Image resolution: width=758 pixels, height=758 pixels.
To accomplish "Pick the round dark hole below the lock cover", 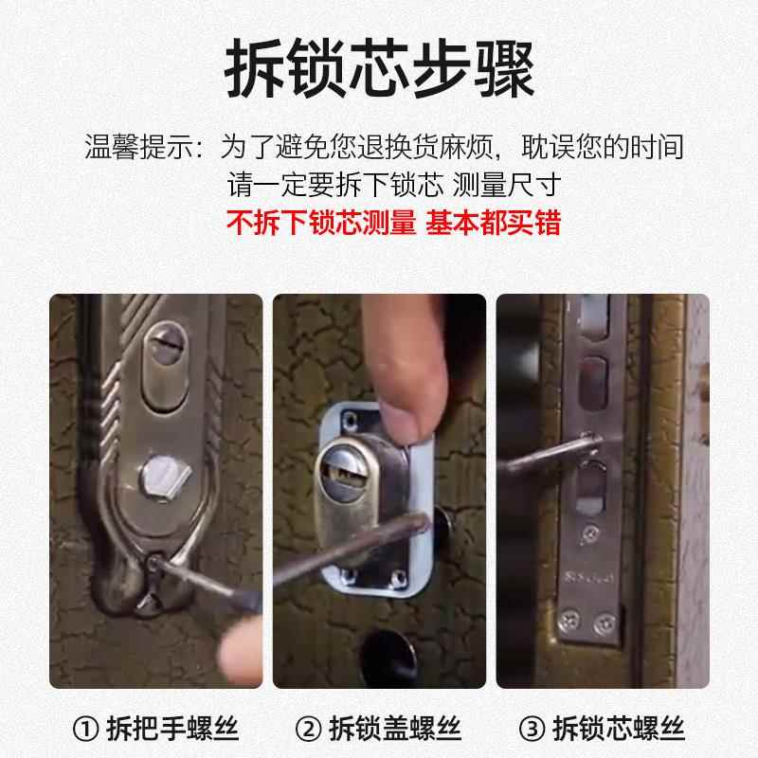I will pyautogui.click(x=388, y=654).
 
